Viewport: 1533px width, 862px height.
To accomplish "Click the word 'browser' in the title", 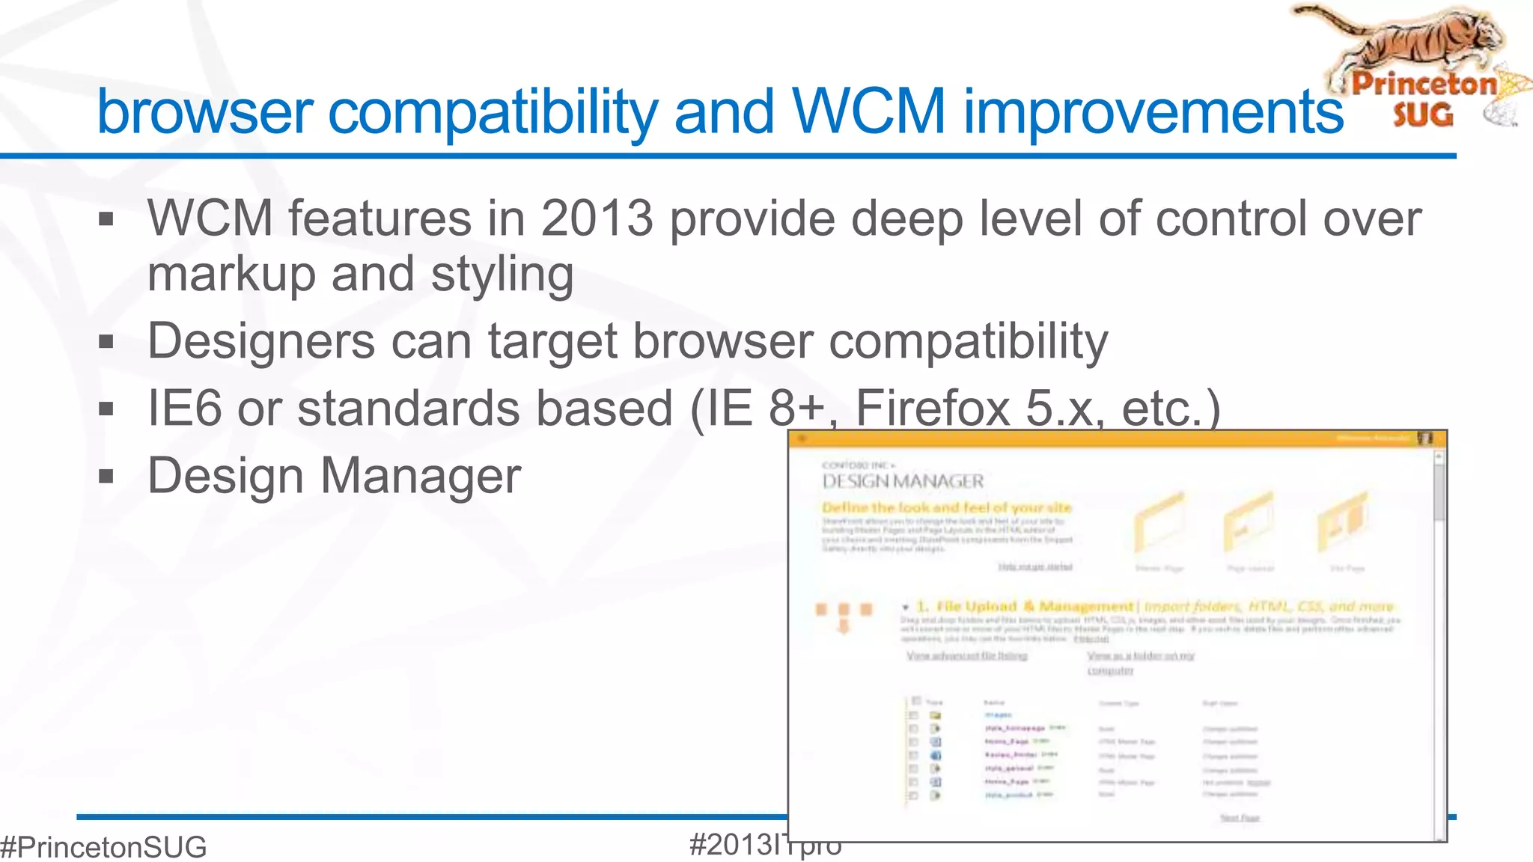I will [204, 112].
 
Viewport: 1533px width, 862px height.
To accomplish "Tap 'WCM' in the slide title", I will [869, 112].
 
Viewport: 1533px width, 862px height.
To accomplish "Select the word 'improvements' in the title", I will [1153, 112].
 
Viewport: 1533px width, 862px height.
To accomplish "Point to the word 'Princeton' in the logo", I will [1424, 84].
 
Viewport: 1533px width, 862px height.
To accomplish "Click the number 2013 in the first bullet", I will [597, 218].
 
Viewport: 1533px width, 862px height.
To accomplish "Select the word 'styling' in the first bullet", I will [502, 275].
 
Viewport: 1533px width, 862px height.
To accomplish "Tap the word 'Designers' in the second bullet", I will [261, 341].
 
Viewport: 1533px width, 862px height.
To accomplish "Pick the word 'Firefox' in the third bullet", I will [932, 409].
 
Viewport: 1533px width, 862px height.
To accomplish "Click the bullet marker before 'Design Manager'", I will [106, 477].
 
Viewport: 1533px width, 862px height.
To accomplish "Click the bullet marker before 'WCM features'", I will [106, 219].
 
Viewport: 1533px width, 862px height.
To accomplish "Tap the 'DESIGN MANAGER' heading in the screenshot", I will [903, 481].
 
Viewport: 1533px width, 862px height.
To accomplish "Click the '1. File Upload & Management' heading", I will [1025, 606].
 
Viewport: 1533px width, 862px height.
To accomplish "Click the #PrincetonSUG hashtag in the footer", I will [103, 847].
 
